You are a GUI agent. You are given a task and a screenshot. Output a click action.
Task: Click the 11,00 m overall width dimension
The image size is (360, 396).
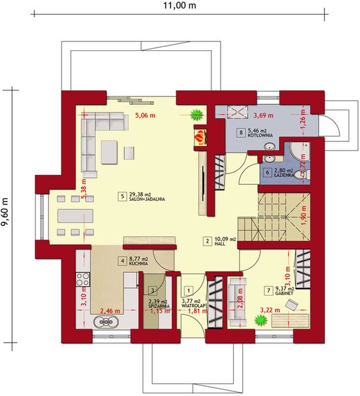179,6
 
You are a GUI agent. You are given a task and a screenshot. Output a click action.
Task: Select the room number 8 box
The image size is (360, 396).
242,132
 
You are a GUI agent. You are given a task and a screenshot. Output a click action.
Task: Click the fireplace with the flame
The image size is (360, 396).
199,137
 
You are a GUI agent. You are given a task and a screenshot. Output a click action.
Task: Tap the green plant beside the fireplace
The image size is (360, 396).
196,114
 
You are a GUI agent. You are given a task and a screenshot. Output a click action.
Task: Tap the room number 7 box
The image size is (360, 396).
268,289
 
